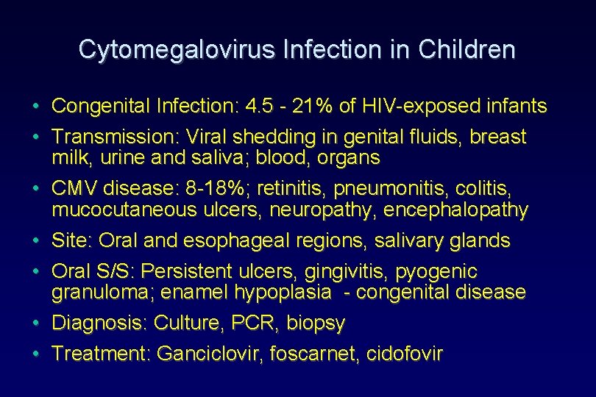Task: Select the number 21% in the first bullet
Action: tap(313, 107)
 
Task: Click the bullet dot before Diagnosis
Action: tap(36, 323)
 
